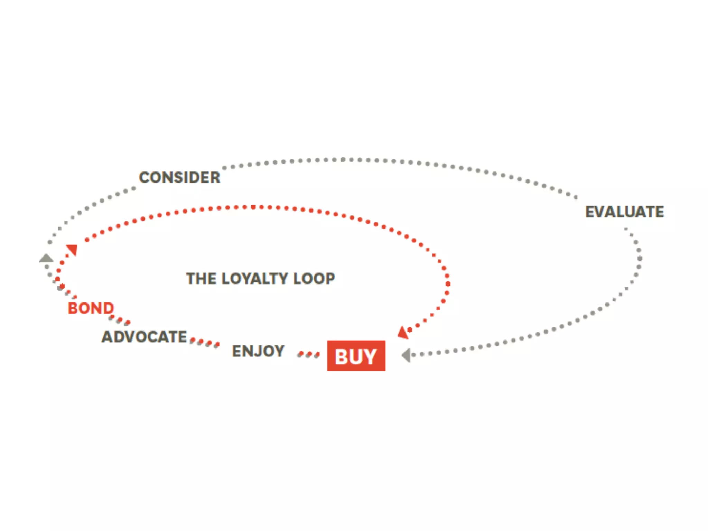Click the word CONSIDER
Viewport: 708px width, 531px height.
pyautogui.click(x=179, y=178)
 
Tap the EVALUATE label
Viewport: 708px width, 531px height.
pyautogui.click(x=624, y=212)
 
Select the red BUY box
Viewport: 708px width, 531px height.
pyautogui.click(x=356, y=356)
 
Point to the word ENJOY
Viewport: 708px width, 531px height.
pyautogui.click(x=258, y=352)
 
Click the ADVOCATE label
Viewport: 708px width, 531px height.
pyautogui.click(x=144, y=337)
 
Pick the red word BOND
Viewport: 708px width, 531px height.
pyautogui.click(x=91, y=308)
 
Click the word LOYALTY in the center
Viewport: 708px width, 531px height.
pyautogui.click(x=255, y=279)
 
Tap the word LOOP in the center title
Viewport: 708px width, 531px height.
pyautogui.click(x=314, y=279)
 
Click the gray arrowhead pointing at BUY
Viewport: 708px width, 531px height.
pyautogui.click(x=406, y=355)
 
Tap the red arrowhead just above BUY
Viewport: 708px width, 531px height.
pyautogui.click(x=403, y=333)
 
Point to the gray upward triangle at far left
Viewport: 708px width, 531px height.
pyautogui.click(x=46, y=258)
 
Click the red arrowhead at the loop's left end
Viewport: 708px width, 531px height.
pyautogui.click(x=72, y=249)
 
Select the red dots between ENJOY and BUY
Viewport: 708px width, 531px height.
pyautogui.click(x=309, y=354)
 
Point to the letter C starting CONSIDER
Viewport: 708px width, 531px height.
pyautogui.click(x=144, y=178)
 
